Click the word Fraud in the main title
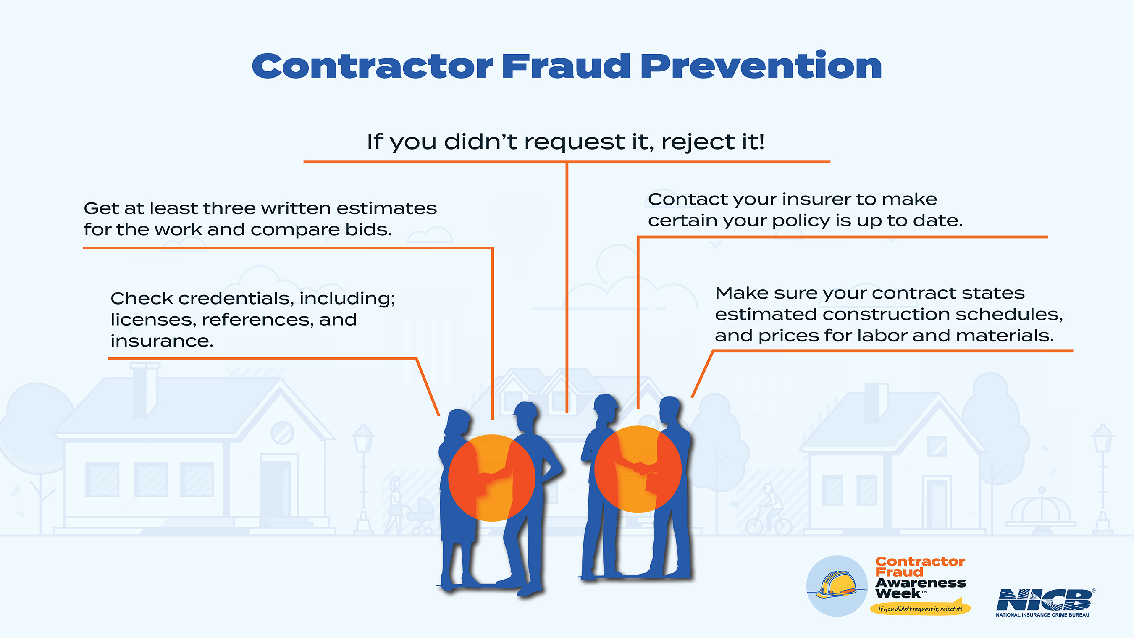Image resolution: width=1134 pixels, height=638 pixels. click(x=567, y=66)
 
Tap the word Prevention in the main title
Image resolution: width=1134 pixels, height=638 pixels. click(x=761, y=65)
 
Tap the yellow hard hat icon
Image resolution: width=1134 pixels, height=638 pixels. click(x=836, y=584)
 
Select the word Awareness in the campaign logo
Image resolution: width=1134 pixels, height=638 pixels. click(x=920, y=583)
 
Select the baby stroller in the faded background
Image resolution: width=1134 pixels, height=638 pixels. click(x=420, y=516)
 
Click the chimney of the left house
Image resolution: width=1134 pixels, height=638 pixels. click(x=145, y=390)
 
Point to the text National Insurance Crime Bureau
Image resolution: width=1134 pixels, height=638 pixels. click(x=1042, y=615)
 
